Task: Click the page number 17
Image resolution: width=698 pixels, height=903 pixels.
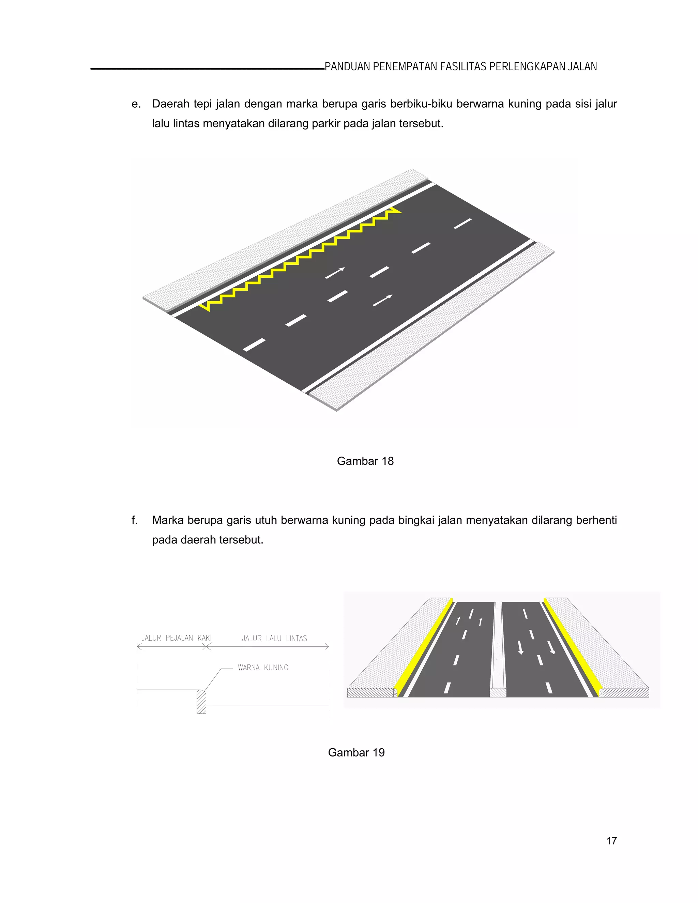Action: click(x=611, y=841)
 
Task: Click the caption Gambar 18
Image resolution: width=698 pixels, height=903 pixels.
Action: click(x=365, y=461)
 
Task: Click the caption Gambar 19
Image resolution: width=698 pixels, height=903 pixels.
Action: click(x=356, y=752)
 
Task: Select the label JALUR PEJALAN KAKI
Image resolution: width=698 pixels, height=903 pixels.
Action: click(x=176, y=638)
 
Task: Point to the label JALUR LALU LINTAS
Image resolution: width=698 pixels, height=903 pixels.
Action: click(x=274, y=638)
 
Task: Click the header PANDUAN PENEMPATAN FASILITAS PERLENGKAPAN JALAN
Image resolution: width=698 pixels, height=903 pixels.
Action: click(x=461, y=66)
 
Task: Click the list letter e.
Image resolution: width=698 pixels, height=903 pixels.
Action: click(x=136, y=104)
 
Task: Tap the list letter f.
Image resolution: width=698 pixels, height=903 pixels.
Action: click(x=134, y=520)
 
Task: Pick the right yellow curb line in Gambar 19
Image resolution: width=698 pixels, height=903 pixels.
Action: click(x=572, y=647)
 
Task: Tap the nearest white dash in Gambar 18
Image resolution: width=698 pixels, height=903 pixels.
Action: click(x=254, y=345)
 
